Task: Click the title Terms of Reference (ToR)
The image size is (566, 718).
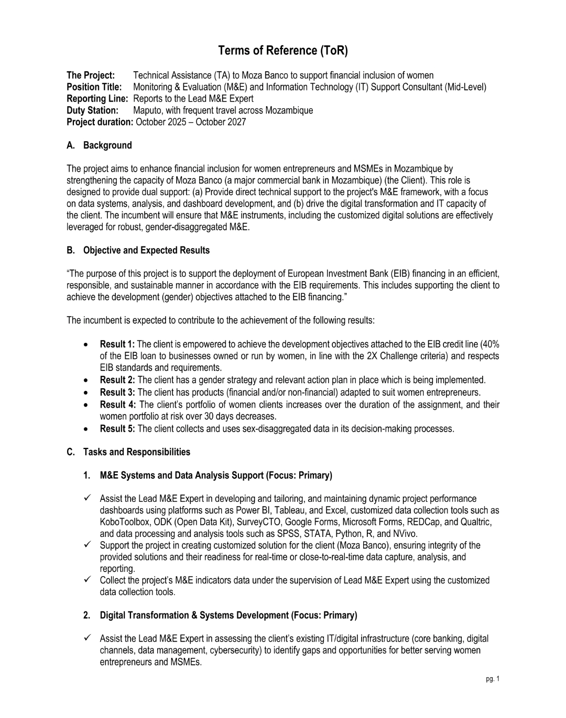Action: pyautogui.click(x=282, y=51)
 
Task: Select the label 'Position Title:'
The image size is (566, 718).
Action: pyautogui.click(x=94, y=87)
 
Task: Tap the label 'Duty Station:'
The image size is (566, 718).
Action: pyautogui.click(x=92, y=110)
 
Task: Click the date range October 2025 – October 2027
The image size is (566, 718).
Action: pyautogui.click(x=191, y=122)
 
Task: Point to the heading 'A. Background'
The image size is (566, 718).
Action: pyautogui.click(x=99, y=145)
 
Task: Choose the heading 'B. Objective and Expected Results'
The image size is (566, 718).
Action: pyautogui.click(x=138, y=250)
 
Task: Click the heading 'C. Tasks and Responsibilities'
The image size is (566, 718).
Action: pyautogui.click(x=128, y=452)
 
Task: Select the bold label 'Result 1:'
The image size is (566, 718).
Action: pyautogui.click(x=117, y=344)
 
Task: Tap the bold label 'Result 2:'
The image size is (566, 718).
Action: pyautogui.click(x=117, y=380)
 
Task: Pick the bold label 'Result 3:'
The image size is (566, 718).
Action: pyautogui.click(x=117, y=392)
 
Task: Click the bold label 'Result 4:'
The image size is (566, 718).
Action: pyautogui.click(x=118, y=405)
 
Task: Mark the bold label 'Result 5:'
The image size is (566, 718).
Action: pyautogui.click(x=117, y=429)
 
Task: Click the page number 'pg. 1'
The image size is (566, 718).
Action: pyautogui.click(x=493, y=679)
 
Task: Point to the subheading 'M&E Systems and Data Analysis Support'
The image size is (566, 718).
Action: pyautogui.click(x=182, y=475)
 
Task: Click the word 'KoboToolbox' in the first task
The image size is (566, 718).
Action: pyautogui.click(x=124, y=522)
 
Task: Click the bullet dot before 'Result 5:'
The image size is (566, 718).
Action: pyautogui.click(x=85, y=429)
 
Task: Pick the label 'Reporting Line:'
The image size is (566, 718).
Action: pyautogui.click(x=97, y=98)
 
